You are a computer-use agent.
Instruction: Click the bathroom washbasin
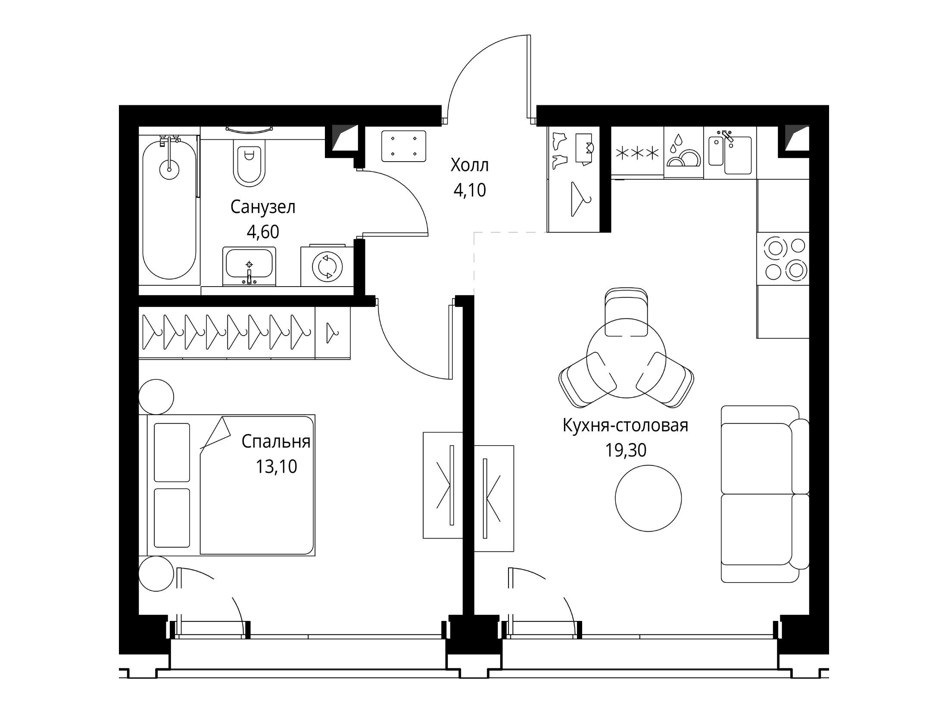pyautogui.click(x=249, y=266)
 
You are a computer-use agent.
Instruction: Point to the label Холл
pyautogui.click(x=470, y=165)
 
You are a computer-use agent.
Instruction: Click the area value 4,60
pyautogui.click(x=263, y=232)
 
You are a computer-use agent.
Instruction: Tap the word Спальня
pyautogui.click(x=276, y=442)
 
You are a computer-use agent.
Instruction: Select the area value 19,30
pyautogui.click(x=626, y=450)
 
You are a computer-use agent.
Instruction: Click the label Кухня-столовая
pyautogui.click(x=626, y=426)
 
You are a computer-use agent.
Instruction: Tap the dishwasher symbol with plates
pyautogui.click(x=683, y=153)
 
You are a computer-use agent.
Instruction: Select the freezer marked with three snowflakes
pyautogui.click(x=637, y=153)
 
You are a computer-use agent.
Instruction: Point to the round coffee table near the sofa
pyautogui.click(x=648, y=498)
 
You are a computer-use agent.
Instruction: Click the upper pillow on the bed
pyautogui.click(x=172, y=452)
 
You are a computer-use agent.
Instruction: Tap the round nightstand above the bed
pyautogui.click(x=156, y=397)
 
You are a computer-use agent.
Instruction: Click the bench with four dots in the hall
pyautogui.click(x=404, y=146)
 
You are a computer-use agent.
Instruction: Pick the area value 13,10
pyautogui.click(x=276, y=467)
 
